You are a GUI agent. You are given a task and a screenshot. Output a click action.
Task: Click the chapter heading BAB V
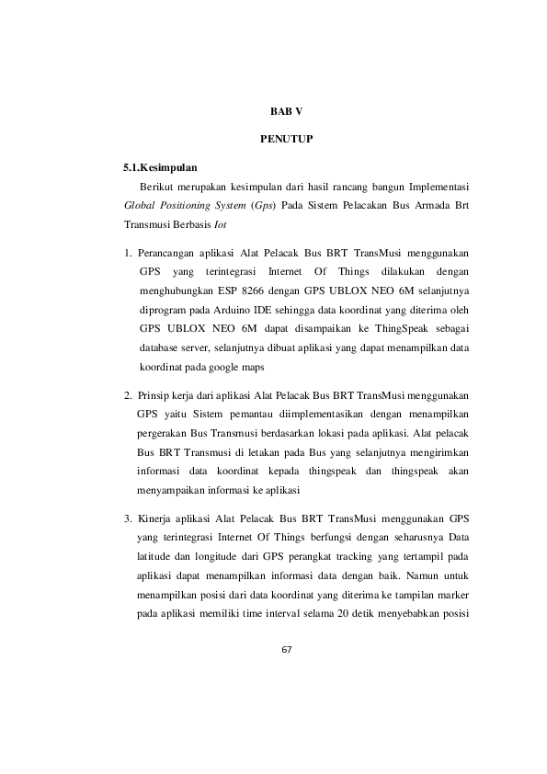(x=286, y=110)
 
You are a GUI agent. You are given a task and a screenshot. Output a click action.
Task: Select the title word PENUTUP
(x=286, y=140)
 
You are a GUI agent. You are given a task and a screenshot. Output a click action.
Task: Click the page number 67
(x=286, y=650)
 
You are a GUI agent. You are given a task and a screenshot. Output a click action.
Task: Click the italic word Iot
(x=220, y=224)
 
